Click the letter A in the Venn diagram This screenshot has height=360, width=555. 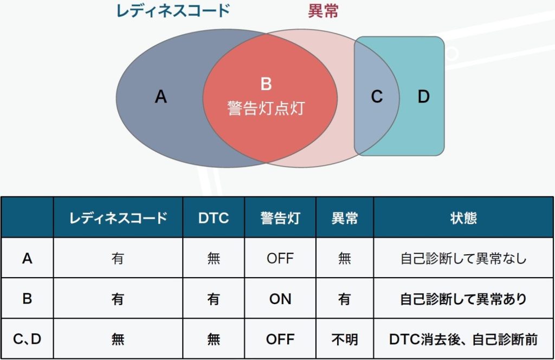pos(160,97)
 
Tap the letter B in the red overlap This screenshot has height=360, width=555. pos(266,84)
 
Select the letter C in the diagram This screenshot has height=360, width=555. pos(377,97)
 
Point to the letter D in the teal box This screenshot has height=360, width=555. pos(424,97)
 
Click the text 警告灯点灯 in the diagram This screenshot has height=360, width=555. pos(266,108)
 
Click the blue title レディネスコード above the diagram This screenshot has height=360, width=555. pos(173,11)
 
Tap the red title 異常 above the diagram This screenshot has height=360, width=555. pos(323,11)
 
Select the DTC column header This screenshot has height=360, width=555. pos(214,218)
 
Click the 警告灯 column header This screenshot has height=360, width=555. pos(280,218)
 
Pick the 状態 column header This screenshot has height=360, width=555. pos(463,218)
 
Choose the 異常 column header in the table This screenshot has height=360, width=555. pos(344,218)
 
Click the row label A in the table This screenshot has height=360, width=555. pos(27,259)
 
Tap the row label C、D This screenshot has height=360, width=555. pos(27,339)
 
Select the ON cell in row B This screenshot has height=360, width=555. pos(280,299)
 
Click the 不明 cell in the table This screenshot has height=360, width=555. pos(344,339)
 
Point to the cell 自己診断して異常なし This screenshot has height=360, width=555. pos(463,259)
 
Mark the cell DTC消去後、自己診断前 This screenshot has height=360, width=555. pos(463,339)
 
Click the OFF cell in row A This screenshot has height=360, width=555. pos(280,259)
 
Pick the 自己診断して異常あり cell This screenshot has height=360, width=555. pos(463,299)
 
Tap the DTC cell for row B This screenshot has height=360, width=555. pos(214,299)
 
